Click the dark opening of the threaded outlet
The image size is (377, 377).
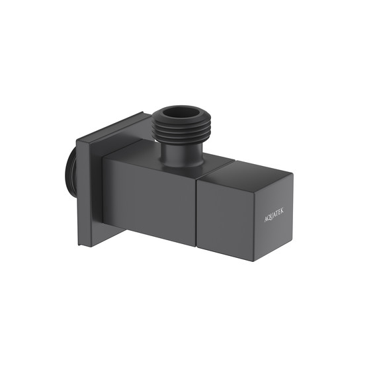click(x=180, y=112)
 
